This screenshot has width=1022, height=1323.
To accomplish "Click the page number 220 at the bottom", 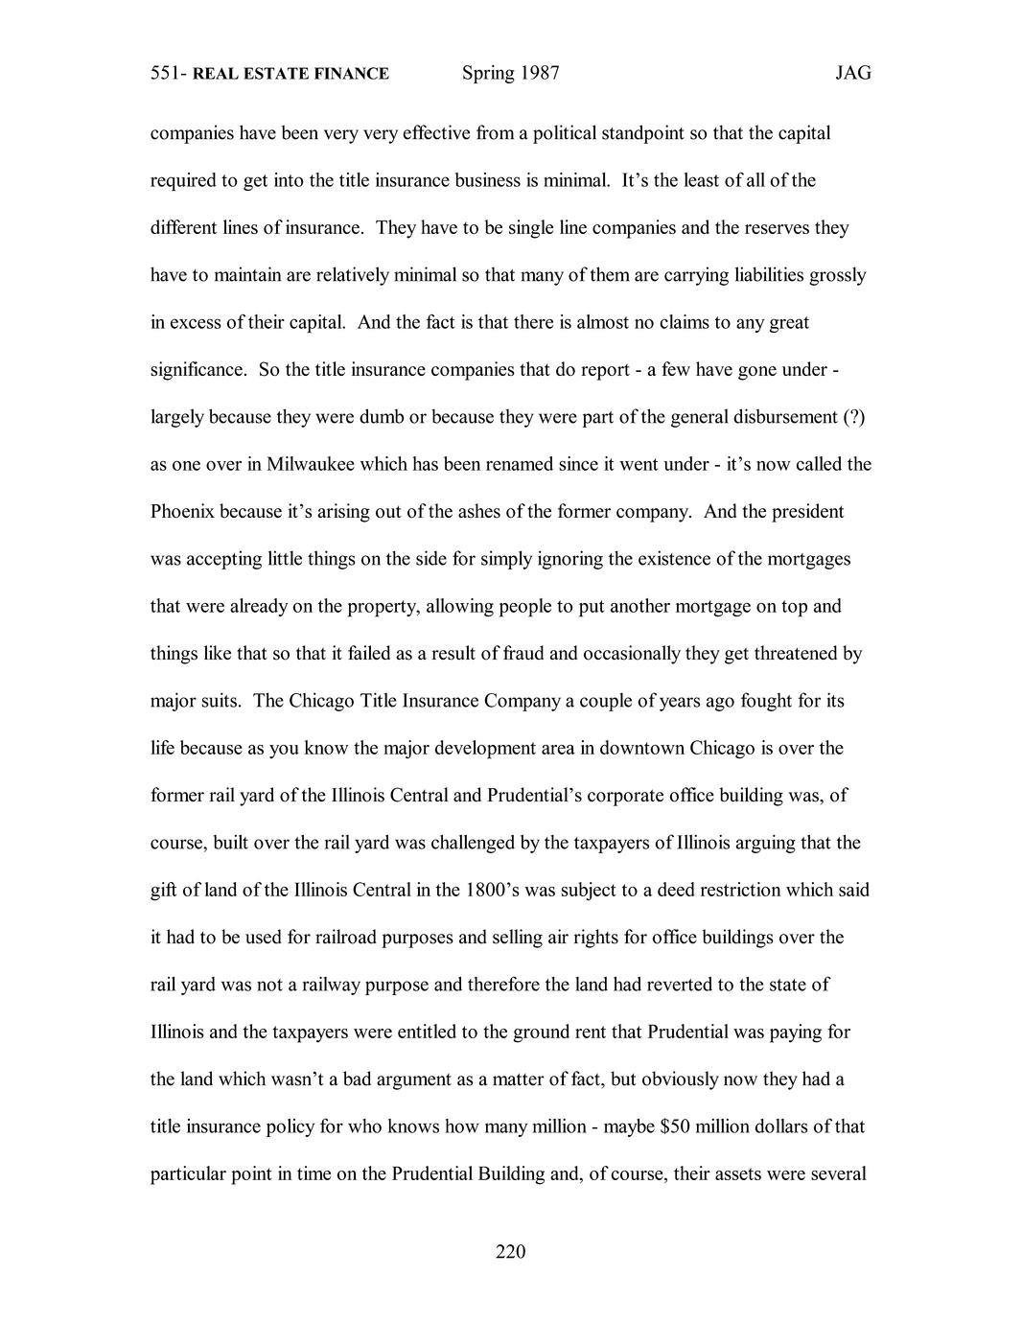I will [x=510, y=1251].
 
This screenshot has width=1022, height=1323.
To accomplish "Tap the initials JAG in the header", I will [x=852, y=74].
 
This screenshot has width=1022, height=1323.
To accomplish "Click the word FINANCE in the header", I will [x=353, y=74].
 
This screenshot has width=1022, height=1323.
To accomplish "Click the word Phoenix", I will [x=182, y=512].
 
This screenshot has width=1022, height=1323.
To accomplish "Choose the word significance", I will [x=197, y=370].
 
